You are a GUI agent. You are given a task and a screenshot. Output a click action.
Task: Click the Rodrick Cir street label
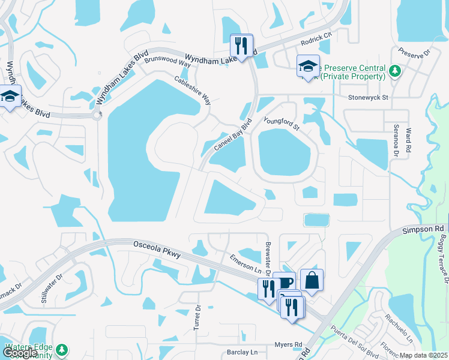pos(316,38)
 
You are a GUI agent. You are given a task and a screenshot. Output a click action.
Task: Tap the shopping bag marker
pos(312,279)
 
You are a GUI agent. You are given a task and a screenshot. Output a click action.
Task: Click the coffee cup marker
pos(284,282)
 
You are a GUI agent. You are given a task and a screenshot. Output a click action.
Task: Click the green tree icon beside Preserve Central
pos(394,71)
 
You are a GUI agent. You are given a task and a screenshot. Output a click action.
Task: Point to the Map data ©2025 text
pos(423,355)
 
